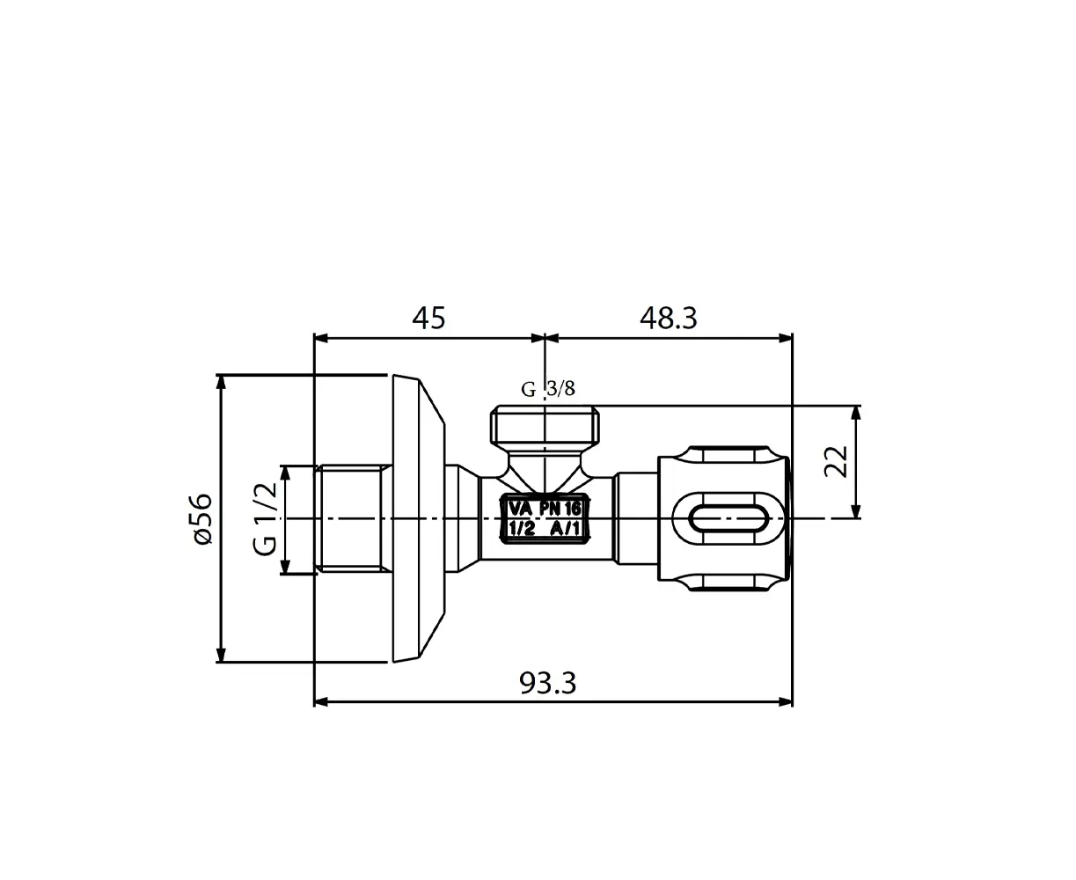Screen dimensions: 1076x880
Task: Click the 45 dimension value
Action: pyautogui.click(x=428, y=318)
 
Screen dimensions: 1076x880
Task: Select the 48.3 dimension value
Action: pyautogui.click(x=668, y=318)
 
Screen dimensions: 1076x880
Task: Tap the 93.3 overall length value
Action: pyautogui.click(x=547, y=683)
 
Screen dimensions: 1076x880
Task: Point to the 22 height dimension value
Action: pyautogui.click(x=836, y=461)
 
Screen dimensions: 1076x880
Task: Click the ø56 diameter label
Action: pyautogui.click(x=200, y=518)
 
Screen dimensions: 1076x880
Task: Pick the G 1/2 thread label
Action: pyautogui.click(x=265, y=518)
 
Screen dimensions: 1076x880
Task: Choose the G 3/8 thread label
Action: pyautogui.click(x=548, y=390)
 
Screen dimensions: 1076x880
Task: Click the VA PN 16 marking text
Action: pyautogui.click(x=545, y=509)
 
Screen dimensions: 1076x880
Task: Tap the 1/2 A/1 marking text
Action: pyautogui.click(x=545, y=529)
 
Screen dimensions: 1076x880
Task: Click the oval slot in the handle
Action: pyautogui.click(x=729, y=518)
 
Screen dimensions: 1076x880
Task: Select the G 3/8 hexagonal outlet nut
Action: pyautogui.click(x=545, y=424)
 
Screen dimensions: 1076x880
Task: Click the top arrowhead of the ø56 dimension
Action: pyautogui.click(x=221, y=381)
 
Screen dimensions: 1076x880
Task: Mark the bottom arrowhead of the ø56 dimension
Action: pyautogui.click(x=221, y=655)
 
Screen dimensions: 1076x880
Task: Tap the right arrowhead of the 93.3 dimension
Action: pyautogui.click(x=786, y=702)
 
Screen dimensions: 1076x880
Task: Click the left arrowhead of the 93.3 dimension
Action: pyautogui.click(x=321, y=702)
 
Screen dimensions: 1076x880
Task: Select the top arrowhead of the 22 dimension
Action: pyautogui.click(x=857, y=413)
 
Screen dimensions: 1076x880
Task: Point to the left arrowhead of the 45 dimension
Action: pyautogui.click(x=321, y=338)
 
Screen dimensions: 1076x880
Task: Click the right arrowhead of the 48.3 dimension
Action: pyautogui.click(x=786, y=338)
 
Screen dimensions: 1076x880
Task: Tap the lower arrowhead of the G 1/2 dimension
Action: pyautogui.click(x=286, y=567)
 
